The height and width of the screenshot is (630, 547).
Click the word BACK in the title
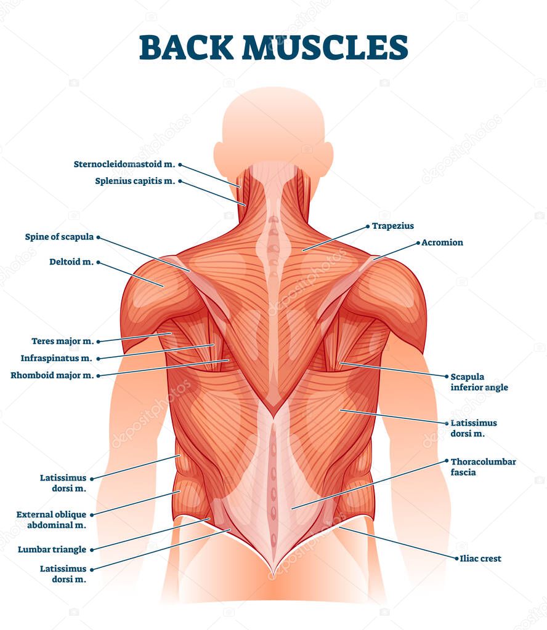pyautogui.click(x=186, y=47)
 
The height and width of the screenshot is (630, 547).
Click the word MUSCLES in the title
pyautogui.click(x=325, y=47)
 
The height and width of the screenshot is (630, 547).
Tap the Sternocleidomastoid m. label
pyautogui.click(x=124, y=164)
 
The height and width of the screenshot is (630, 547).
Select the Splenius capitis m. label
pyautogui.click(x=135, y=181)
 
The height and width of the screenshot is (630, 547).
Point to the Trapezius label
pyautogui.click(x=392, y=226)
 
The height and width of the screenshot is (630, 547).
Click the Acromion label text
pyautogui.click(x=442, y=242)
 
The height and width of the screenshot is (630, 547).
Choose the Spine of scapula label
pyautogui.click(x=59, y=237)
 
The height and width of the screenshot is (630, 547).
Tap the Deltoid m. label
pyautogui.click(x=71, y=261)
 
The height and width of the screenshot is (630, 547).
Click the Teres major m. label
pyautogui.click(x=63, y=341)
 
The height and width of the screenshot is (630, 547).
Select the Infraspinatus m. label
pyautogui.click(x=56, y=358)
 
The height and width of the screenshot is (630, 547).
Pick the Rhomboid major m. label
pyautogui.click(x=52, y=375)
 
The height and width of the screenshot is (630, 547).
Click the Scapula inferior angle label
pyautogui.click(x=479, y=382)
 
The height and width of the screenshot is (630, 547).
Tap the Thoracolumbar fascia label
pyautogui.click(x=483, y=467)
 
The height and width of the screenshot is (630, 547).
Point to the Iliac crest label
pyautogui.click(x=480, y=559)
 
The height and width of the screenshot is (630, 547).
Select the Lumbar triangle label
pyautogui.click(x=52, y=549)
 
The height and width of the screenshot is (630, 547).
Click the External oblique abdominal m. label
pyautogui.click(x=51, y=519)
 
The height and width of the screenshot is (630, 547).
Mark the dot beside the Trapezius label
pyautogui.click(x=368, y=226)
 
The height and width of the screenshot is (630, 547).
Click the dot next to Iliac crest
pyautogui.click(x=456, y=559)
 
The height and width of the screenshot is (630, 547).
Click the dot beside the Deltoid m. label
pyautogui.click(x=98, y=262)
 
